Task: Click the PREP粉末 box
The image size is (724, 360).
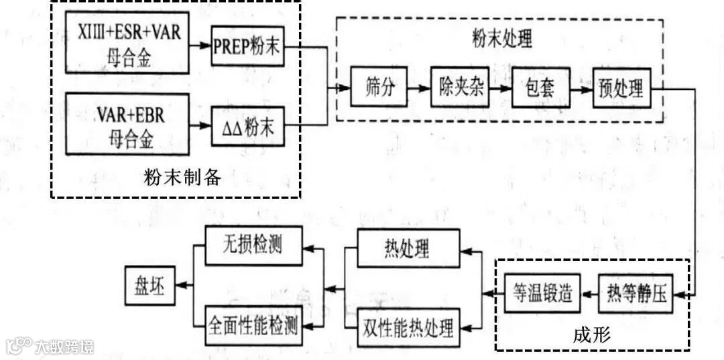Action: point(248,47)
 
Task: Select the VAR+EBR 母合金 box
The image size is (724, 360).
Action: point(127,125)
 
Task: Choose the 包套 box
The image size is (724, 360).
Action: point(541,87)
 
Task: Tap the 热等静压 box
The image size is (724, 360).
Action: point(633,294)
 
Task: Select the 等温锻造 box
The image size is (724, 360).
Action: point(542,294)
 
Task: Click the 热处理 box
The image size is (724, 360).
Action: point(408,249)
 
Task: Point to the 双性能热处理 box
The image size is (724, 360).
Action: point(408,328)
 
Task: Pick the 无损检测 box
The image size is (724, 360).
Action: point(253,245)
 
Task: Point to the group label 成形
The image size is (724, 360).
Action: point(593,336)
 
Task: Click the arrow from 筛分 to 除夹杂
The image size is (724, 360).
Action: point(420,88)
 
